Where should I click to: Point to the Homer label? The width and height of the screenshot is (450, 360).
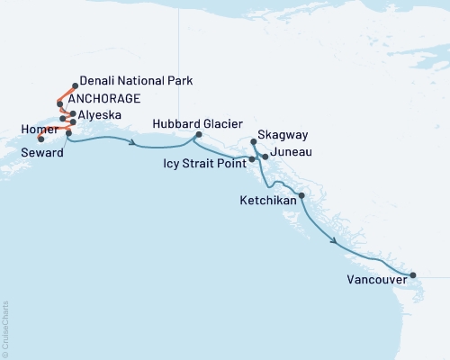click(x=34, y=128)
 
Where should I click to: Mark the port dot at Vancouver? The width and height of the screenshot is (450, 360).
click(x=413, y=275)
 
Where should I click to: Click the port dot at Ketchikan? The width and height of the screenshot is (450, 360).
click(x=301, y=195)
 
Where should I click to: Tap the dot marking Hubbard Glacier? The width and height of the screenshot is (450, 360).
click(x=197, y=136)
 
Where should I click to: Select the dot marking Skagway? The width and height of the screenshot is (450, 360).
click(x=254, y=142)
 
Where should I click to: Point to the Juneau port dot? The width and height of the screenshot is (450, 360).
click(x=265, y=157)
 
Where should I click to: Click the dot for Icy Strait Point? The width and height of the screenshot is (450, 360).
click(x=252, y=159)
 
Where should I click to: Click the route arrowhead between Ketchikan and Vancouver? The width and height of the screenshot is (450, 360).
click(x=336, y=241)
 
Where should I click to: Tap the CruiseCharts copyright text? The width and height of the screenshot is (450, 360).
click(x=6, y=328)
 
